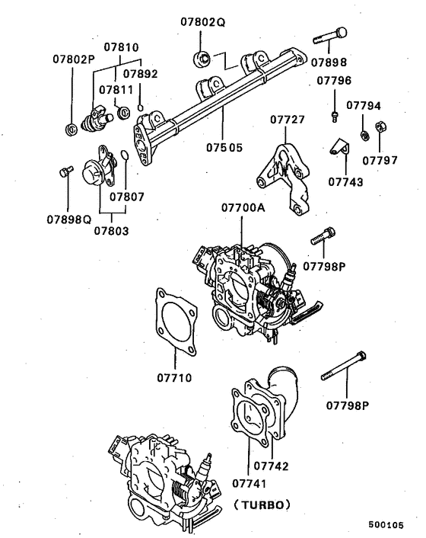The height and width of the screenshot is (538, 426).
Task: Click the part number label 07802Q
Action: pyautogui.click(x=203, y=24)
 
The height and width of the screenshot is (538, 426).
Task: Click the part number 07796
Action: pyautogui.click(x=334, y=80)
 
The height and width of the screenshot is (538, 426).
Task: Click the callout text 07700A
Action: pyautogui.click(x=243, y=207)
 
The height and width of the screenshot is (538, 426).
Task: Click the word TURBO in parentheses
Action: pyautogui.click(x=262, y=504)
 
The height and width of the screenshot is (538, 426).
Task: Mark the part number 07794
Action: pyautogui.click(x=364, y=106)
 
